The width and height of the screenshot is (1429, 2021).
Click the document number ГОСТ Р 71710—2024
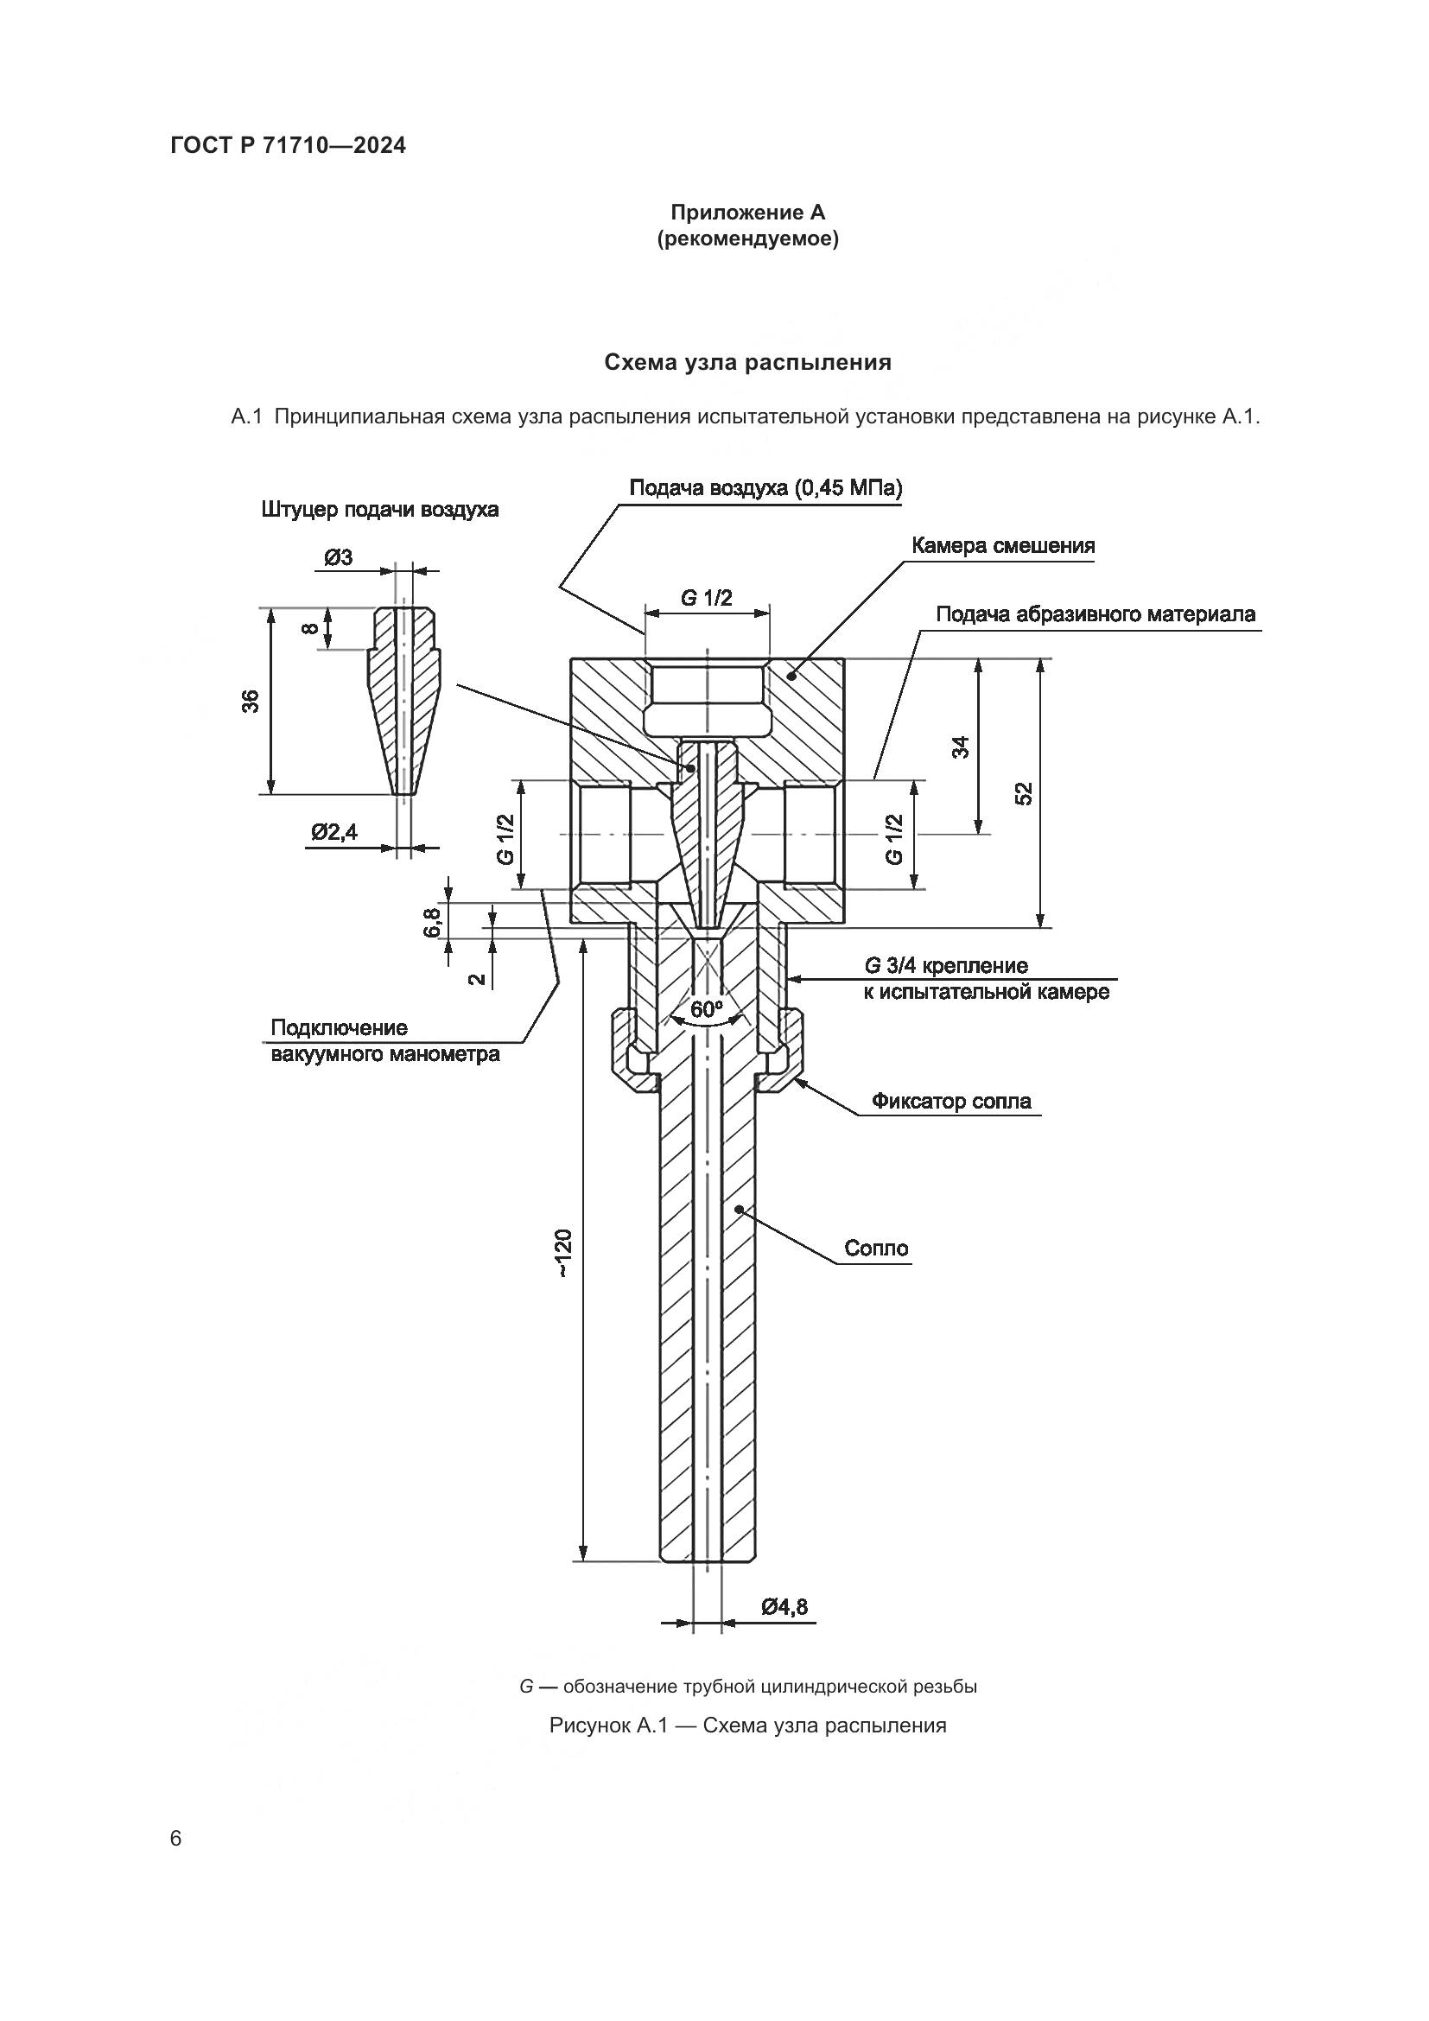288,146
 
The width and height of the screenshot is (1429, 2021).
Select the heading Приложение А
747,213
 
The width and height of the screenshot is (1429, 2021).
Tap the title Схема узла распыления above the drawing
747,362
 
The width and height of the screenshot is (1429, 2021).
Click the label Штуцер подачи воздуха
379,510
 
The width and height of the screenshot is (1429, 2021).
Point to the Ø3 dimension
338,557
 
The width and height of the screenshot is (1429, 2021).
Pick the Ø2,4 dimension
334,831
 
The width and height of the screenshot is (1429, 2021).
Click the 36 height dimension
251,701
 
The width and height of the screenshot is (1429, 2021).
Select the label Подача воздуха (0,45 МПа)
765,488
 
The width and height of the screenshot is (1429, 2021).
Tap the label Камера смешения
1002,546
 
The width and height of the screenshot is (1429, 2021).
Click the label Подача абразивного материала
1095,613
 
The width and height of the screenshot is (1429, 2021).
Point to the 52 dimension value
1023,793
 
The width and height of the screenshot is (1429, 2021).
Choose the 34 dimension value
961,747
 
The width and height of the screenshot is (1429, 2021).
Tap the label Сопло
875,1249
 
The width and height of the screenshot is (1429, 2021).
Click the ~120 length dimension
564,1254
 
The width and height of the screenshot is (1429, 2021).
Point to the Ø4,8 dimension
784,1607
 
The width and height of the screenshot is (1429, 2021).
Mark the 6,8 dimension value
431,923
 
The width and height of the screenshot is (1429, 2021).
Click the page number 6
176,1839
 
